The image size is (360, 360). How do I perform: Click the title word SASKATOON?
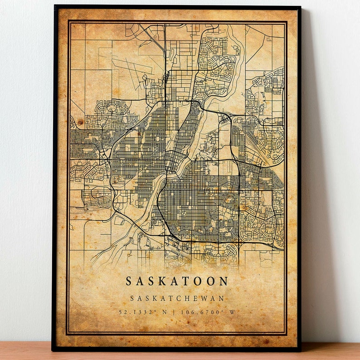point(177,281)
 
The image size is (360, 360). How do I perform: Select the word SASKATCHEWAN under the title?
point(177,298)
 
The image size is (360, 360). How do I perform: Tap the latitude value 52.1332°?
point(136,312)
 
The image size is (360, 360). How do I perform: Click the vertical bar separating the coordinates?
point(176,312)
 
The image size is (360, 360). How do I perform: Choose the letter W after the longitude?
point(232,312)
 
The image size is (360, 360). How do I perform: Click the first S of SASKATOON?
point(129,281)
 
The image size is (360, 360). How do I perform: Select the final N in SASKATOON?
point(224,281)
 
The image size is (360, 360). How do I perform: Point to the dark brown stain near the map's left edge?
point(81,122)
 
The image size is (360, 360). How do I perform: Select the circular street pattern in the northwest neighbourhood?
point(106,108)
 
